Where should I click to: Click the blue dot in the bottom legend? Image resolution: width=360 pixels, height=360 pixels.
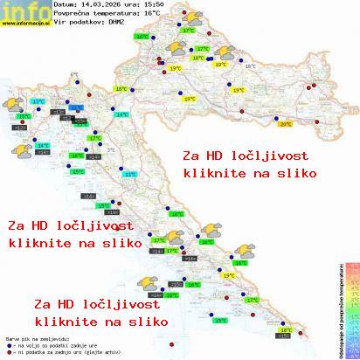[7, 343]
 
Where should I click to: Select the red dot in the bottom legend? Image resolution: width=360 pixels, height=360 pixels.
[7, 350]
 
